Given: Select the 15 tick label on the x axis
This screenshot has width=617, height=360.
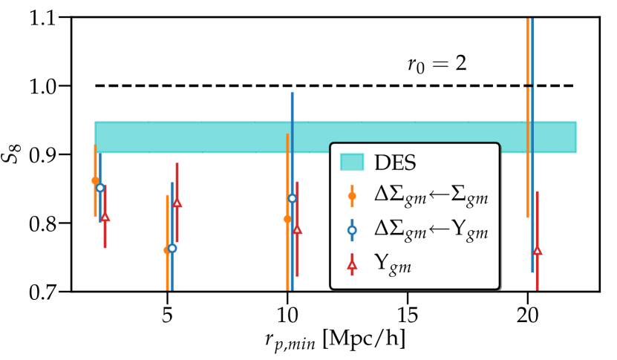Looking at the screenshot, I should click(x=407, y=315).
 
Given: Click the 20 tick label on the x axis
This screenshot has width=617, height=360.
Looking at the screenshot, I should click(x=527, y=315).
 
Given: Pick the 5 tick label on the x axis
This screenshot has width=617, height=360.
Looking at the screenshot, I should click(x=167, y=315).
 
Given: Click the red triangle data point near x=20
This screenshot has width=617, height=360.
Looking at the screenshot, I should click(x=537, y=251).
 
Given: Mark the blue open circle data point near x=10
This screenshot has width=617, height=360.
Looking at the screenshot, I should click(x=292, y=198).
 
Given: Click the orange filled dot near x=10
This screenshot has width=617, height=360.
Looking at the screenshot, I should click(x=287, y=219).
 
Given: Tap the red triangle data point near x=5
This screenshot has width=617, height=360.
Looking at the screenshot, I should click(x=177, y=203).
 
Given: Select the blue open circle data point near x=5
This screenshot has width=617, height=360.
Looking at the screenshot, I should click(x=172, y=248).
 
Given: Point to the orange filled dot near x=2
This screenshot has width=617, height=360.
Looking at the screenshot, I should click(x=95, y=180).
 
